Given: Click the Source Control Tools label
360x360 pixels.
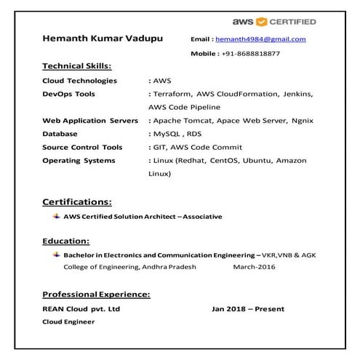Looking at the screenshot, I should click(82, 146).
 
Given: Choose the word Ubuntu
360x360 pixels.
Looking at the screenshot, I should click(257, 160).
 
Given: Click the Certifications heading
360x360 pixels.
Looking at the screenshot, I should click(76, 201).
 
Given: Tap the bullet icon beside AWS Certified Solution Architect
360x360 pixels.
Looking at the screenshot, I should click(56, 216).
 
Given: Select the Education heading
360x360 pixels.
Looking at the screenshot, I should click(65, 241).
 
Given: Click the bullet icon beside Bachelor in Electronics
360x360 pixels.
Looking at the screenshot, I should click(56, 255).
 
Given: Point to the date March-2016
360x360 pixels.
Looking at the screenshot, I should click(251, 268).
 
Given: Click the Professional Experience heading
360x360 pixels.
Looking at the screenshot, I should click(96, 295).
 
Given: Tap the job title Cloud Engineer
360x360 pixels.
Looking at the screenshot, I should click(68, 321).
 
